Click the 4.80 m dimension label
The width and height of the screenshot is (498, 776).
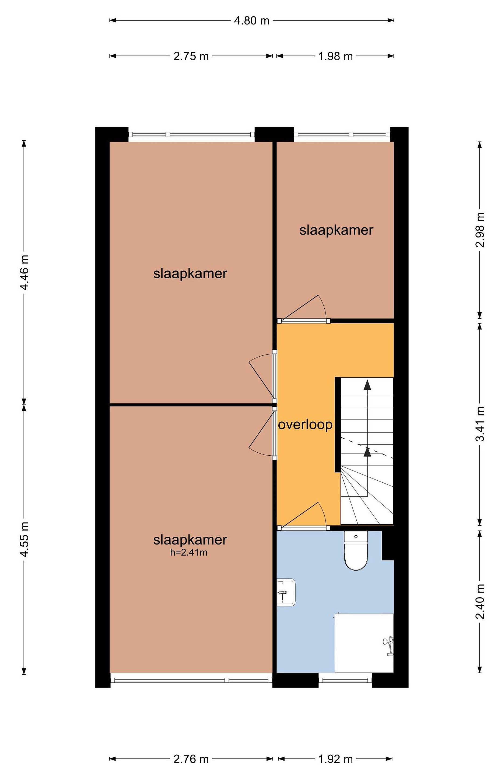[x=252, y=21]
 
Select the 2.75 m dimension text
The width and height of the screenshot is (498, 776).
[x=191, y=56]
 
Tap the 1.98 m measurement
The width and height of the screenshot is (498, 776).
[x=335, y=56]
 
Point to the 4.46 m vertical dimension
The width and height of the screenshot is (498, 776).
[x=24, y=272]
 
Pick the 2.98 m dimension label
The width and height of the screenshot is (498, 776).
[x=480, y=230]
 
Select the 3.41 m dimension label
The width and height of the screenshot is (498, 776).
[x=480, y=424]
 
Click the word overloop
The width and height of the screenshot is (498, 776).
[x=305, y=425]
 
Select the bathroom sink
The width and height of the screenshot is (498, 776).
[x=286, y=592]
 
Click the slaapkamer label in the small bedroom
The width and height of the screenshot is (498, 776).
[x=336, y=230]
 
